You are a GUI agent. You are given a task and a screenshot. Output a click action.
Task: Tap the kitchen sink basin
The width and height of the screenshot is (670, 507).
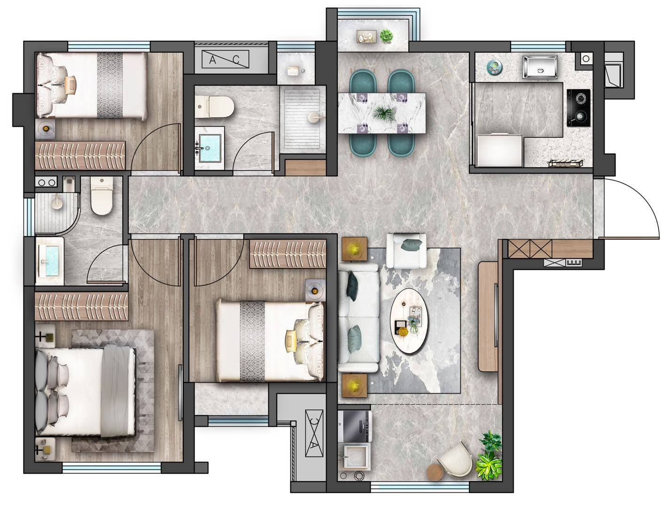540,66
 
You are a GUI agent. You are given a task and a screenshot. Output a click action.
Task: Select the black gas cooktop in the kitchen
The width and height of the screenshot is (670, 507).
578,108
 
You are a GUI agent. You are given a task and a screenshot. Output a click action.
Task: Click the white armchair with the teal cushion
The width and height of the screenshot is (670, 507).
406,251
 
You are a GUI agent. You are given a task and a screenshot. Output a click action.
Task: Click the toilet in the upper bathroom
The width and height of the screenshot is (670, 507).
214,107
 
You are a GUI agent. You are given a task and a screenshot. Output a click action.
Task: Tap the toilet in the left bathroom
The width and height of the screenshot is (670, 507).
101,196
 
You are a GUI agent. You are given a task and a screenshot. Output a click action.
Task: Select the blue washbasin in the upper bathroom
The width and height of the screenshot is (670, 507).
210,148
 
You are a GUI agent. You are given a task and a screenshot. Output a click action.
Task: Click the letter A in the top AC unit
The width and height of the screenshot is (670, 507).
213,60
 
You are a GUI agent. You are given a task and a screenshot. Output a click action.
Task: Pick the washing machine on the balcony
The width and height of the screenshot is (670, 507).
355,426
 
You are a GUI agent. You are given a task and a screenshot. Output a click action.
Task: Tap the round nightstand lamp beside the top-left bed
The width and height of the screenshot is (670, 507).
46,129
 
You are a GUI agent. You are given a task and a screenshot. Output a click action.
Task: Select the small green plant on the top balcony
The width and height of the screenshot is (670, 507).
386,36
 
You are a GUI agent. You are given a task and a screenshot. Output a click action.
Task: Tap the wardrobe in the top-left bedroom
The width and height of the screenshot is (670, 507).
80,155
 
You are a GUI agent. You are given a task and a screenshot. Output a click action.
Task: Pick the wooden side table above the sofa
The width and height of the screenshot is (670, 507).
355,249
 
